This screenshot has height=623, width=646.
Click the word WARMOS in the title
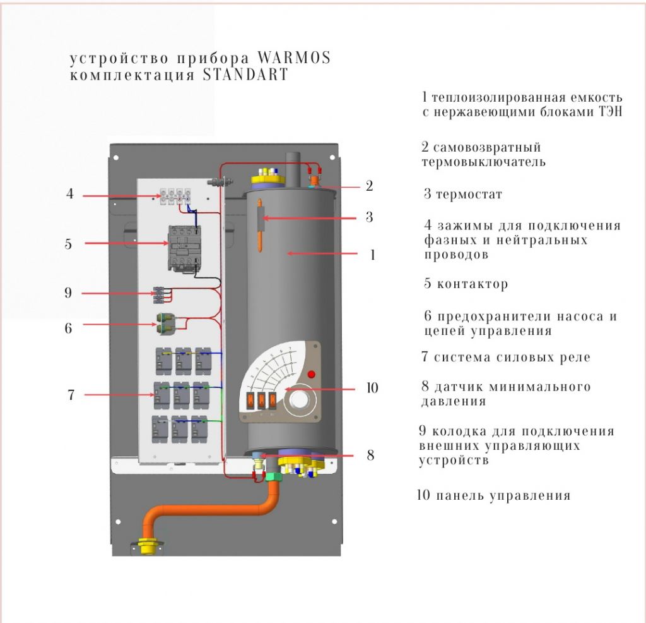tap(294, 58)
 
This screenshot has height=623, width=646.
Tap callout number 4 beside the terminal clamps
tap(70, 195)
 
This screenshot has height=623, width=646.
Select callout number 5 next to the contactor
tap(68, 244)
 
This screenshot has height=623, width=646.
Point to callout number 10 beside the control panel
tap(372, 388)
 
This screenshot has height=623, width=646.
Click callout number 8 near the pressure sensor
tap(370, 456)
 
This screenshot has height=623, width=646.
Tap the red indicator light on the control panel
tap(310, 374)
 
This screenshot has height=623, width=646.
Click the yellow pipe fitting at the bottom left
tap(150, 545)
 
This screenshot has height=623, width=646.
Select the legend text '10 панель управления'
tap(493, 495)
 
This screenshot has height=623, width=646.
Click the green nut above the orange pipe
tap(274, 477)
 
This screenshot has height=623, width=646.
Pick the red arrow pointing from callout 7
tap(120, 395)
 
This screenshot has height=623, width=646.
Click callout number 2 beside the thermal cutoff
tap(369, 186)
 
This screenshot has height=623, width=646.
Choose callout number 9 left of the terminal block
tap(68, 293)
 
